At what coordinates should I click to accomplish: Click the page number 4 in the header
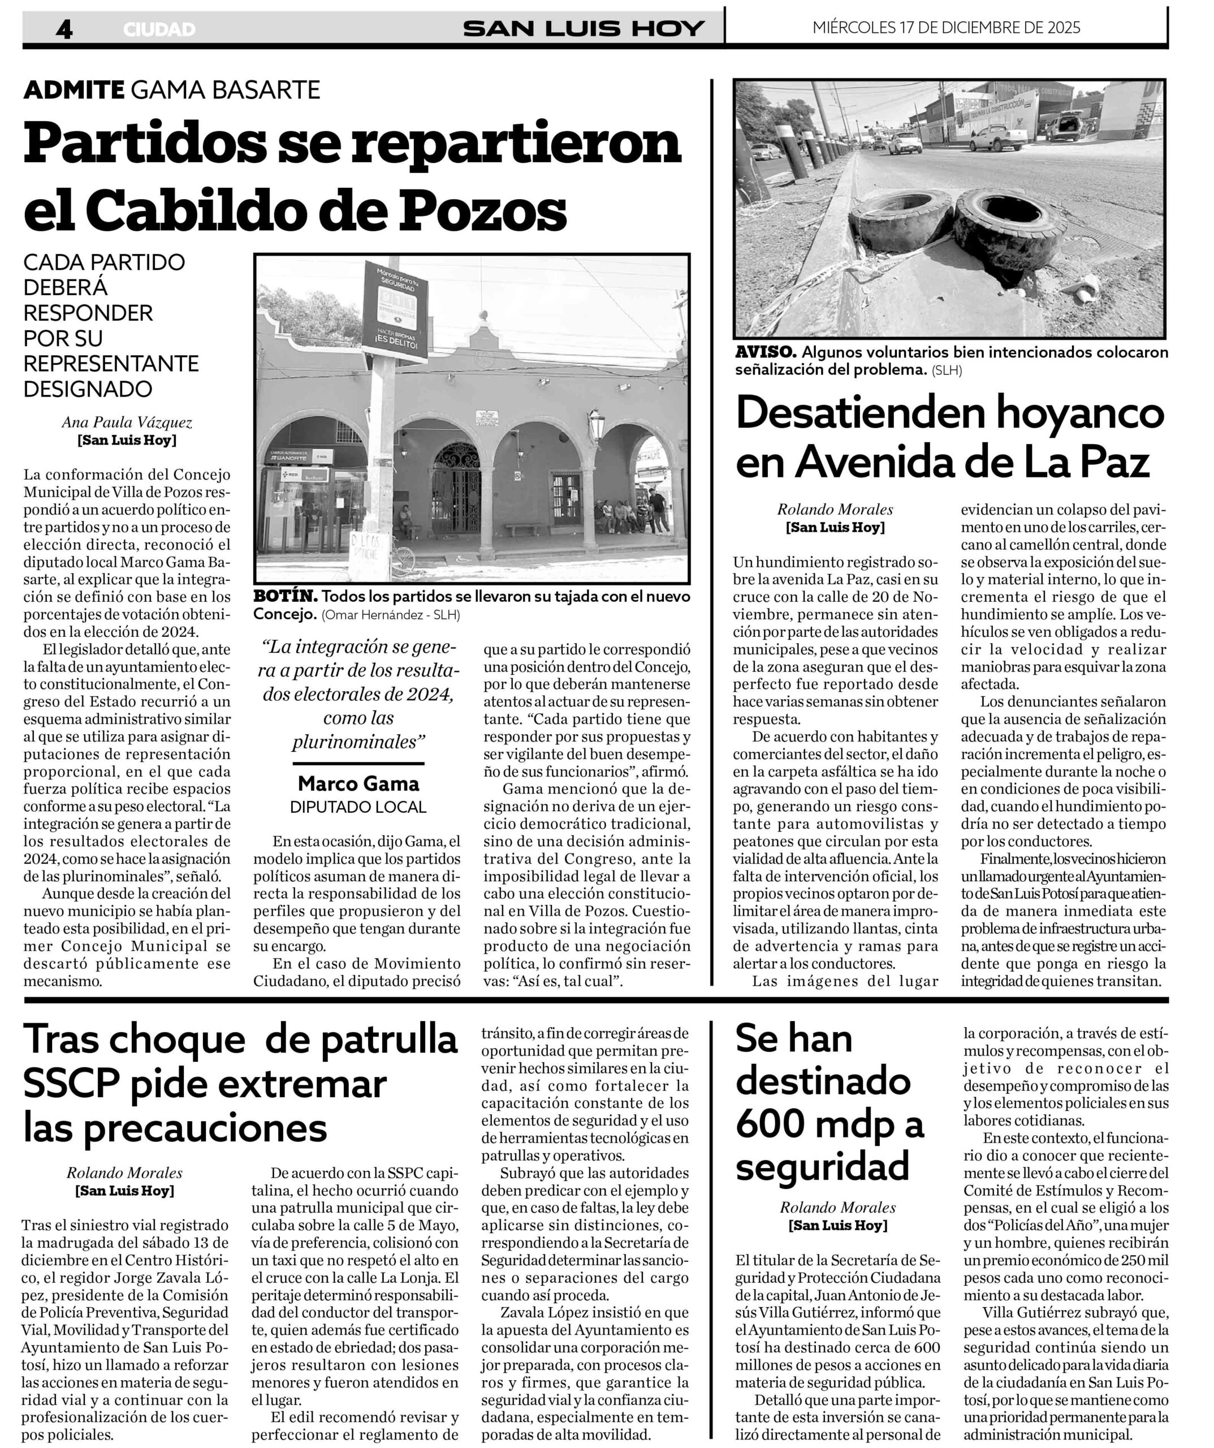coord(63,29)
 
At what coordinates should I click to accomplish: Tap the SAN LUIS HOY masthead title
coord(583,28)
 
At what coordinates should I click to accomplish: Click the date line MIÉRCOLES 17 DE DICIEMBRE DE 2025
coord(947,28)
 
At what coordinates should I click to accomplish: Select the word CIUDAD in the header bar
coord(160,29)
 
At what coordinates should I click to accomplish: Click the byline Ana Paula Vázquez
coord(127,422)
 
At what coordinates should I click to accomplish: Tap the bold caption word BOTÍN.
coord(286,596)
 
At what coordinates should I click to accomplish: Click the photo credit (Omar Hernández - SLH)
coord(391,614)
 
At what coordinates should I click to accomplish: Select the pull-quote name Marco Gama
coord(358,783)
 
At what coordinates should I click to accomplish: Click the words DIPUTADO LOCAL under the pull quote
coord(358,807)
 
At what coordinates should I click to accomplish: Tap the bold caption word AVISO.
coord(766,352)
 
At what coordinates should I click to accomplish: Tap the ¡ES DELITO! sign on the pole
coord(396,341)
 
